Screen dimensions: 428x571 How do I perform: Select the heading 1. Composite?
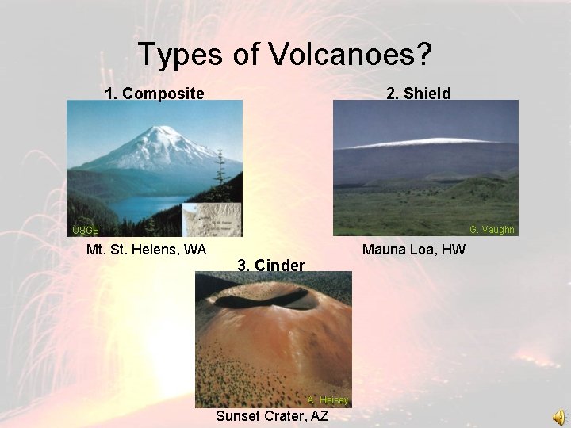[x=155, y=94]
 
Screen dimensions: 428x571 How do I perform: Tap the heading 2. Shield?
[x=418, y=94]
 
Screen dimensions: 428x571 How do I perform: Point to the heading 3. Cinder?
[x=271, y=265]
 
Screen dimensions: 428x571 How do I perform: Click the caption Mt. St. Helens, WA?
[x=146, y=250]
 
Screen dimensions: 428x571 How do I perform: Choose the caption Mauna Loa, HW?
[x=414, y=250]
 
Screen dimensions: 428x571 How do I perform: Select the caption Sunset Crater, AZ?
[x=272, y=416]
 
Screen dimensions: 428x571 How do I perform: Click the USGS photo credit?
[x=86, y=231]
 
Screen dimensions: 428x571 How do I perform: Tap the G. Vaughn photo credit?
[x=492, y=230]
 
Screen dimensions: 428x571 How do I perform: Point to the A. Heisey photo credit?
[x=328, y=400]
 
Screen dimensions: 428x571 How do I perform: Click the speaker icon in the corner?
[x=560, y=417]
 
